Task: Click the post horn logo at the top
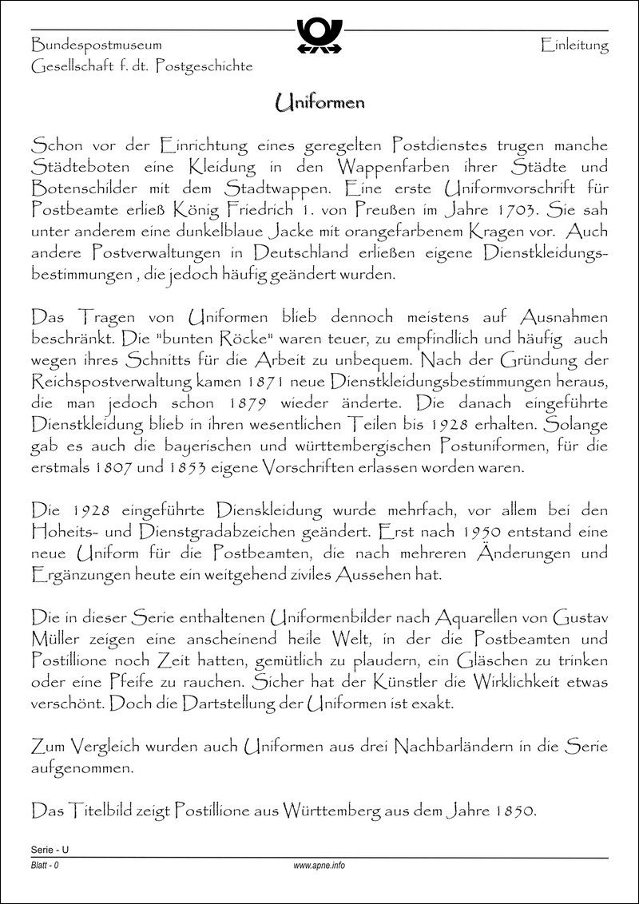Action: click(319, 36)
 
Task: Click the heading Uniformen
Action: click(319, 102)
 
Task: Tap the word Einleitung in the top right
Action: click(574, 46)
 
